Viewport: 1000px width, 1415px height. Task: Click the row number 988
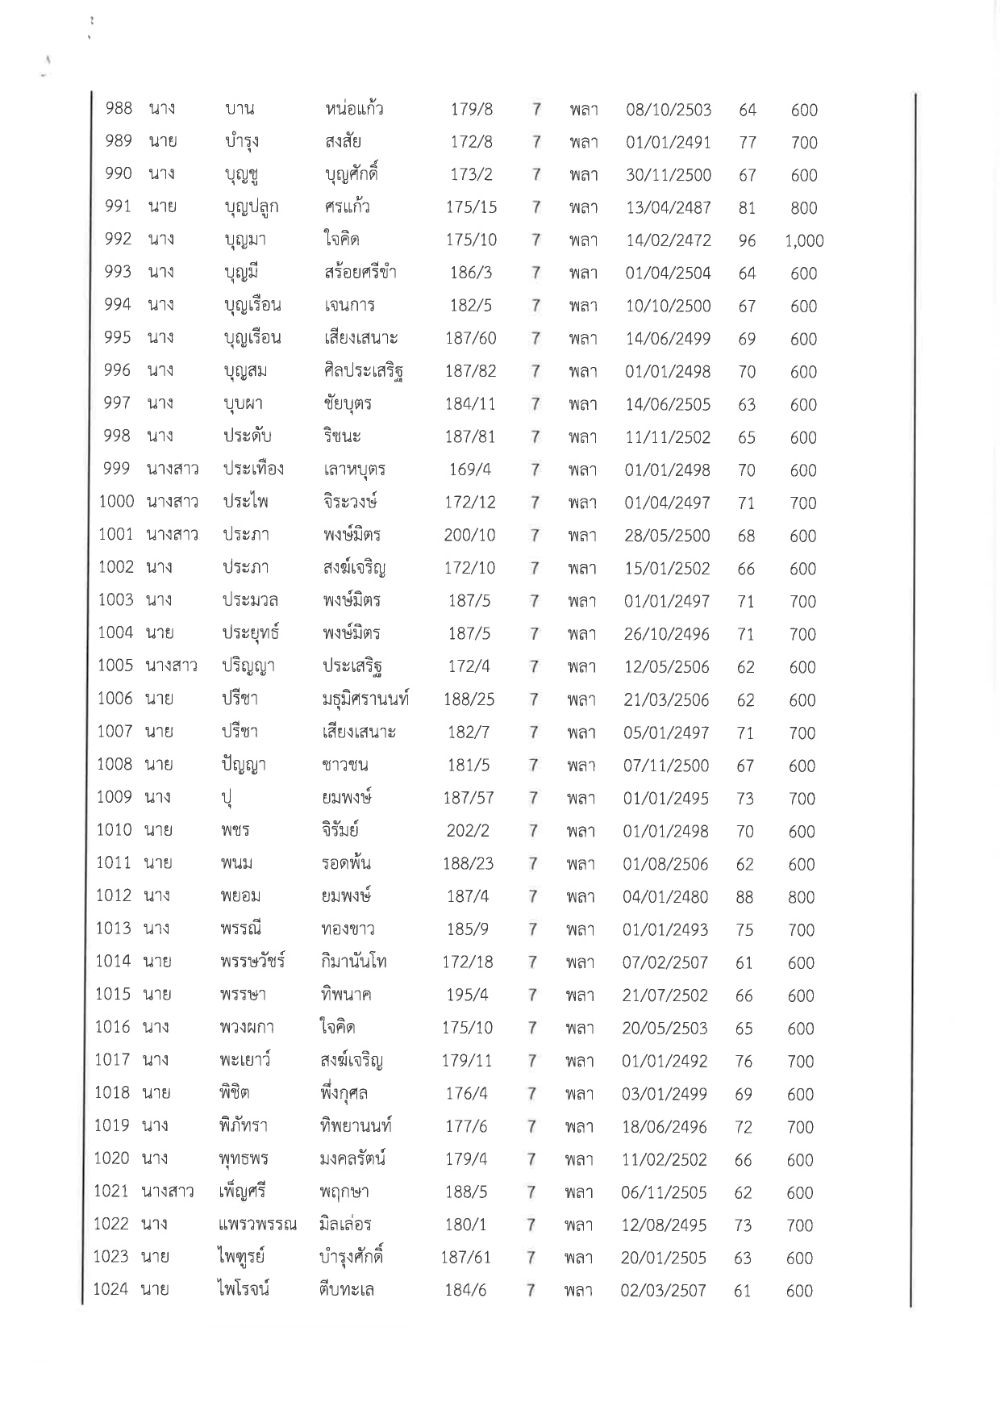(x=119, y=108)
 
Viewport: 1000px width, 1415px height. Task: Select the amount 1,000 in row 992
(x=804, y=240)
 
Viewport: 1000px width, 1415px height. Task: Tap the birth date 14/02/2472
(x=669, y=240)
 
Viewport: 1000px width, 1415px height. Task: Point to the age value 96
(x=748, y=240)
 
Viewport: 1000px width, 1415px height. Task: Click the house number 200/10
(x=469, y=535)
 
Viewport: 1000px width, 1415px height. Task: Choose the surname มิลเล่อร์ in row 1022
(x=345, y=1224)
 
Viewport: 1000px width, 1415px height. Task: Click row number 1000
(x=116, y=502)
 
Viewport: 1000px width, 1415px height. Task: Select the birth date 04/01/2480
(x=665, y=897)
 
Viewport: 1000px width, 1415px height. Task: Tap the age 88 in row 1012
(x=744, y=897)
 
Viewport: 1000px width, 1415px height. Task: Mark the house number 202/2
(x=468, y=831)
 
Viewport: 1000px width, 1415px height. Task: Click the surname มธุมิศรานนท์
(x=365, y=699)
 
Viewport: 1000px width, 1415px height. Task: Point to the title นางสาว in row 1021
(x=168, y=1191)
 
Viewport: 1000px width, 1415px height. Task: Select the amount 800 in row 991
(x=804, y=208)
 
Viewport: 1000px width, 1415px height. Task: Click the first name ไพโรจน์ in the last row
(x=244, y=1289)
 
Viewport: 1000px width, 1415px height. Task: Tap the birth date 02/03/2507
(x=663, y=1290)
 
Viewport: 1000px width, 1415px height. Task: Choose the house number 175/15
(x=471, y=207)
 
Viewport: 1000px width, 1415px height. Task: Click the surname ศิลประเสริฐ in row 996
(x=362, y=371)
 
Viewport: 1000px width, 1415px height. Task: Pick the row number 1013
(x=113, y=929)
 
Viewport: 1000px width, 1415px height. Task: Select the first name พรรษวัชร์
(x=252, y=962)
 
